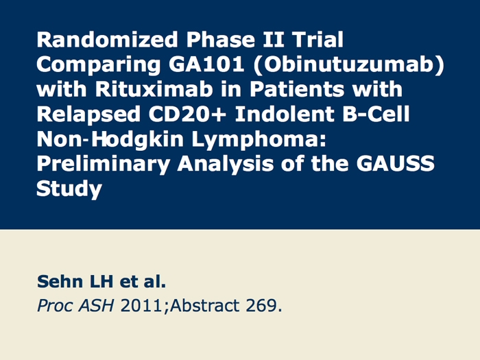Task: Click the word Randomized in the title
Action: point(107,40)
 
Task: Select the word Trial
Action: point(317,40)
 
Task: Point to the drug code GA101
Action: point(206,64)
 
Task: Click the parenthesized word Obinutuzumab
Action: point(348,65)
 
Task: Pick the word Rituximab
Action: point(154,89)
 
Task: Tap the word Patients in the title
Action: point(296,89)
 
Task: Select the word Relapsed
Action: point(88,115)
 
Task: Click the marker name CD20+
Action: point(187,114)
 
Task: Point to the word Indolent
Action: point(285,114)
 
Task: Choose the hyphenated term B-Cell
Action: point(376,114)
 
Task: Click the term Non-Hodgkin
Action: point(110,140)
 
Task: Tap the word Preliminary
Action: point(103,164)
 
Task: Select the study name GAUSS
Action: point(395,163)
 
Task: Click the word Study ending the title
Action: point(69,189)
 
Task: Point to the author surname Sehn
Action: point(60,281)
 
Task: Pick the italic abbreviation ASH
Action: point(97,306)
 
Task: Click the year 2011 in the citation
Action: point(141,306)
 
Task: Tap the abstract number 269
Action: point(263,306)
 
